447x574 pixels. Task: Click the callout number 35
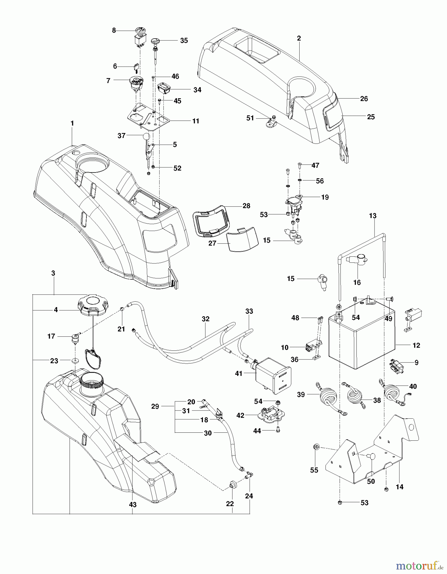[x=184, y=40]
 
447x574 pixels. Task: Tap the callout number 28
[x=246, y=206]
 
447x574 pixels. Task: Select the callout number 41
[x=239, y=373]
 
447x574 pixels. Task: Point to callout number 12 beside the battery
[x=416, y=345]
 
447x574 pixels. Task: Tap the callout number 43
[x=132, y=504]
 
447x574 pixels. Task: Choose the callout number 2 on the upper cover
[x=299, y=38]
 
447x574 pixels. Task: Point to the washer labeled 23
[x=76, y=360]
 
